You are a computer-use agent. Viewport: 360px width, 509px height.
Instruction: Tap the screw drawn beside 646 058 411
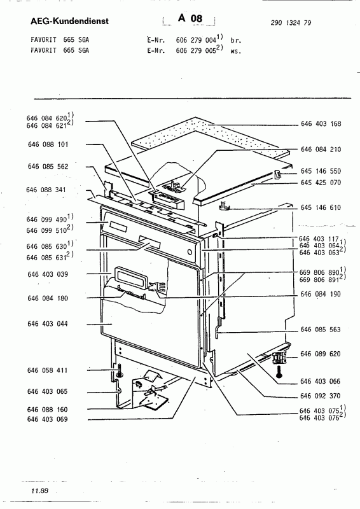(x=119, y=371)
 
